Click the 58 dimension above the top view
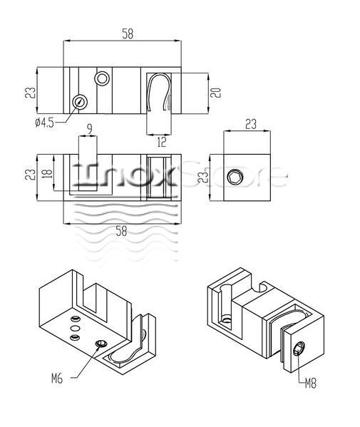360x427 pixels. (x=128, y=34)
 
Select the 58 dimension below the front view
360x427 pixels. (x=121, y=231)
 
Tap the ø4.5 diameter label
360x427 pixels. (x=45, y=123)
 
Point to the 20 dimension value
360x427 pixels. (x=216, y=93)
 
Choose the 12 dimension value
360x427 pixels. (x=162, y=142)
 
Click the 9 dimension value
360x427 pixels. (x=90, y=129)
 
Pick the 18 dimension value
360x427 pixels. (x=47, y=174)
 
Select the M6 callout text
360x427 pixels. (x=57, y=379)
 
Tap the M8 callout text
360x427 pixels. (x=310, y=384)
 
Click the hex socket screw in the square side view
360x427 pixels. (x=235, y=178)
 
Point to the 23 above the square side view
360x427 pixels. (x=251, y=124)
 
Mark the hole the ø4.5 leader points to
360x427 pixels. (x=80, y=102)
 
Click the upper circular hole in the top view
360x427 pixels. (x=102, y=78)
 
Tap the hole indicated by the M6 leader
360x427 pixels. (x=101, y=344)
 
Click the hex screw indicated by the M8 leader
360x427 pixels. (x=299, y=349)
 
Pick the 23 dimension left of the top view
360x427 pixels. (x=30, y=93)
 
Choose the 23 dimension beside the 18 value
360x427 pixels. (x=30, y=175)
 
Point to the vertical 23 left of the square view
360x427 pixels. (x=203, y=177)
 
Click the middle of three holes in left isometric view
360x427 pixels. (x=75, y=328)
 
